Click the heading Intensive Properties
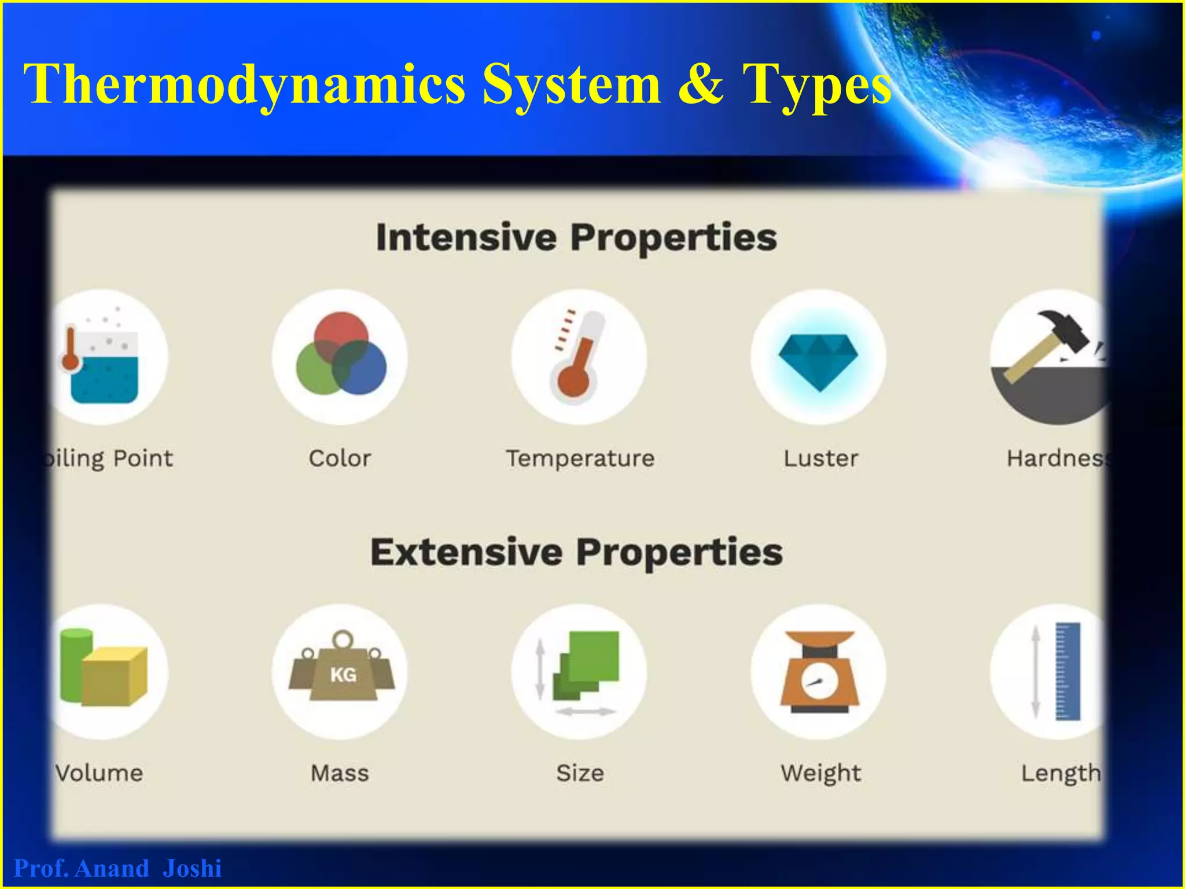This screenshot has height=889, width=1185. [x=576, y=238]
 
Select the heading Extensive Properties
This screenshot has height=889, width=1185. [x=576, y=552]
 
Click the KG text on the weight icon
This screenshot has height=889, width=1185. [x=343, y=674]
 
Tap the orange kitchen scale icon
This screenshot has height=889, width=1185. [x=818, y=671]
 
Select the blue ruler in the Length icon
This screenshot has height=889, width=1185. [x=1068, y=671]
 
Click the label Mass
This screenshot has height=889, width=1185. [x=340, y=773]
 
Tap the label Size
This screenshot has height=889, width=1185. [x=580, y=773]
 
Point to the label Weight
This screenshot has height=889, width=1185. [x=820, y=773]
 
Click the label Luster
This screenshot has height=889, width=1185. [x=820, y=458]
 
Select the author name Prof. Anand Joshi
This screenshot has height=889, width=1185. [x=117, y=869]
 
